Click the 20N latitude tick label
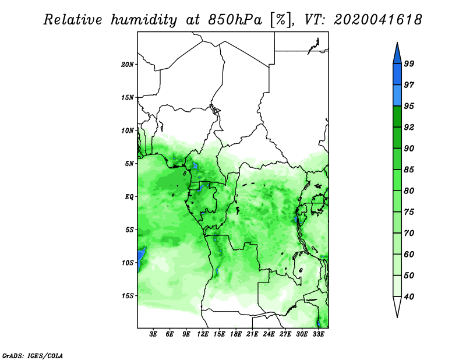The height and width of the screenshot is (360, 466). click(128, 65)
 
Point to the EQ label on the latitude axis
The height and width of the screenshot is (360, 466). click(129, 197)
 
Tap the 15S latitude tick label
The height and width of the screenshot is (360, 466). click(128, 296)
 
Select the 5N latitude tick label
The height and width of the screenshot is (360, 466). click(129, 164)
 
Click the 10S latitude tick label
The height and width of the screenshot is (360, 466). click(128, 263)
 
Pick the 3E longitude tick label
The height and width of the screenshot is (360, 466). click(153, 334)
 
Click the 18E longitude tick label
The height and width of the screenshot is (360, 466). click(236, 334)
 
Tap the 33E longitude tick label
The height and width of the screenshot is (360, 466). click(318, 334)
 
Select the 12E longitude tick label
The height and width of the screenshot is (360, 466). click(203, 334)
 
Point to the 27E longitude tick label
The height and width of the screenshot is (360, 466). click(285, 334)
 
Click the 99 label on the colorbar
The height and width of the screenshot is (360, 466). click(409, 63)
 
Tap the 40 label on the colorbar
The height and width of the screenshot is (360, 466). click(409, 297)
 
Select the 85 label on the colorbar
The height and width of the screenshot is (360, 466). click(409, 170)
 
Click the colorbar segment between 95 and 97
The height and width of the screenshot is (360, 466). click(397, 96)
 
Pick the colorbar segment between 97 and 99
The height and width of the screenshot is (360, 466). click(397, 75)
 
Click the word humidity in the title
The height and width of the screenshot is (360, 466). click(144, 20)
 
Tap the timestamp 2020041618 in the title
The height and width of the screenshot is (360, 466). click(377, 20)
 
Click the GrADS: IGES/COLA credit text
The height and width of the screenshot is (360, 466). click(33, 355)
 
